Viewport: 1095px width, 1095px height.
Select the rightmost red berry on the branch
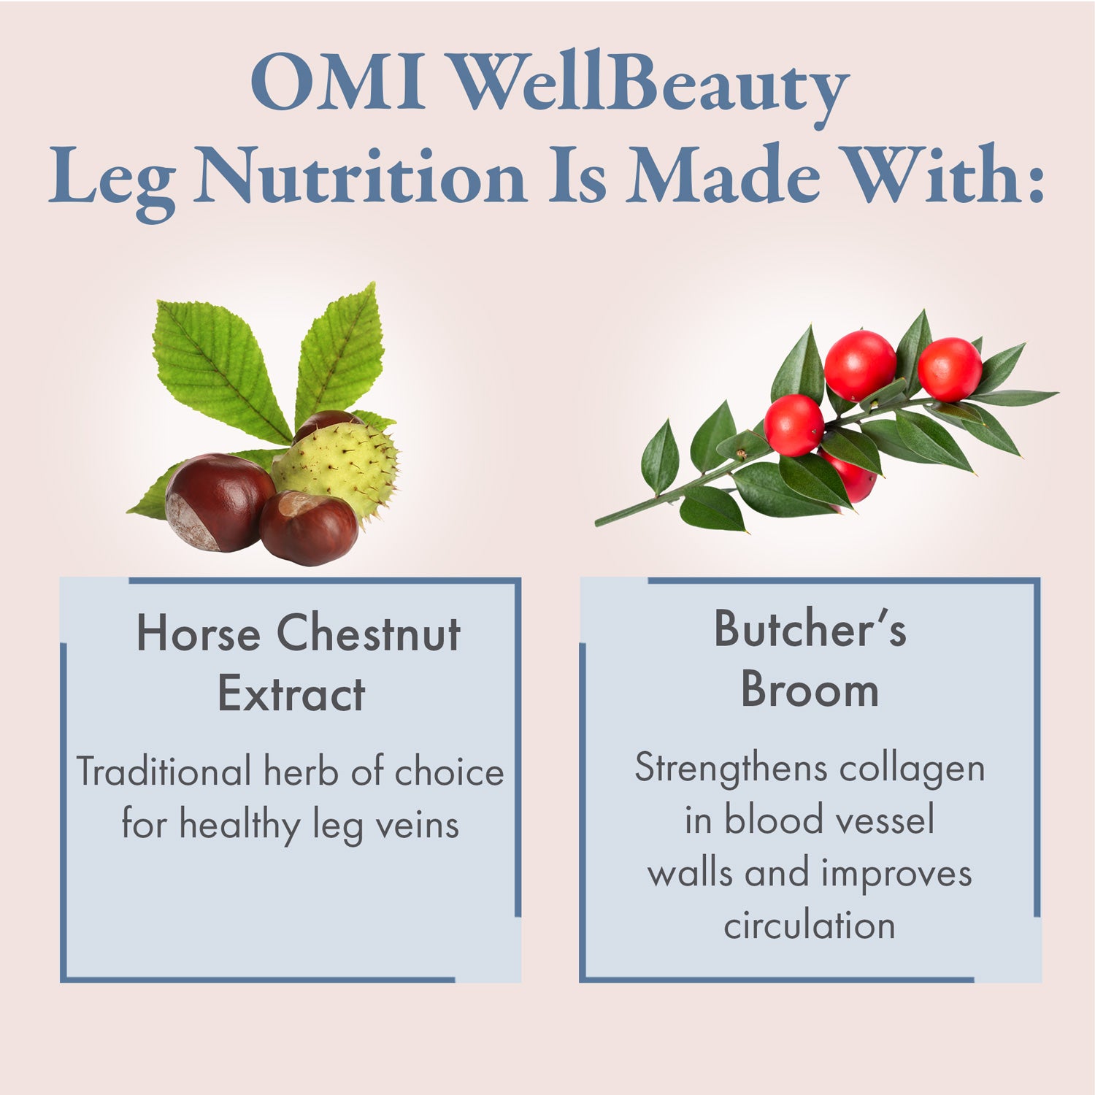(x=949, y=369)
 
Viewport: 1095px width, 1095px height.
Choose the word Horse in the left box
(x=198, y=634)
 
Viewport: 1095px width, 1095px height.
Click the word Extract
(x=291, y=693)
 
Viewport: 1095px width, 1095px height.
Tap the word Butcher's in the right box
(x=810, y=629)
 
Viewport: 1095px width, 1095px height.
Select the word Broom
(x=810, y=689)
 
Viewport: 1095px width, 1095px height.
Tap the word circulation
(x=810, y=926)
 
